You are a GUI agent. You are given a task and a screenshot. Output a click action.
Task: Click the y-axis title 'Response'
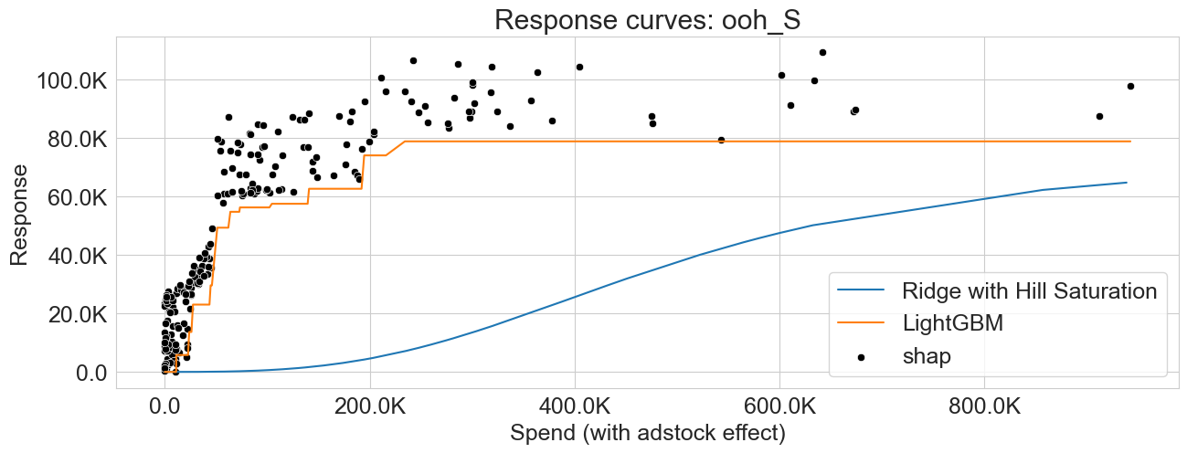click(20, 215)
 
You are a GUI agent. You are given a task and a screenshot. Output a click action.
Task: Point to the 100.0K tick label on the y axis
click(73, 80)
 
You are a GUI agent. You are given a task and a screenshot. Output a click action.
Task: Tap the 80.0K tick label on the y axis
click(79, 139)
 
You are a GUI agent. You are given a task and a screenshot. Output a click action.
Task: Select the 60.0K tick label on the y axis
click(79, 197)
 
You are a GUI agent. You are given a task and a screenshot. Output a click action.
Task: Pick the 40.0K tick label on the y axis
click(79, 256)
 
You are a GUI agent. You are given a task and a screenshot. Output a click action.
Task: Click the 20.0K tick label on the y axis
click(79, 314)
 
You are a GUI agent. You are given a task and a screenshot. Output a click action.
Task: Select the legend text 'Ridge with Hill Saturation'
click(1030, 291)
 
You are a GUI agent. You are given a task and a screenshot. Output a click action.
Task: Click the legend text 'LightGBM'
click(952, 323)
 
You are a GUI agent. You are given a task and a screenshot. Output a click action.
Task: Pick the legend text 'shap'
click(927, 356)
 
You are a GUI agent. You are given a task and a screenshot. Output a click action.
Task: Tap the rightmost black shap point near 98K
click(1130, 86)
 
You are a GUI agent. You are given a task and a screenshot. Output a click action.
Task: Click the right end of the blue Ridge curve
click(1127, 183)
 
